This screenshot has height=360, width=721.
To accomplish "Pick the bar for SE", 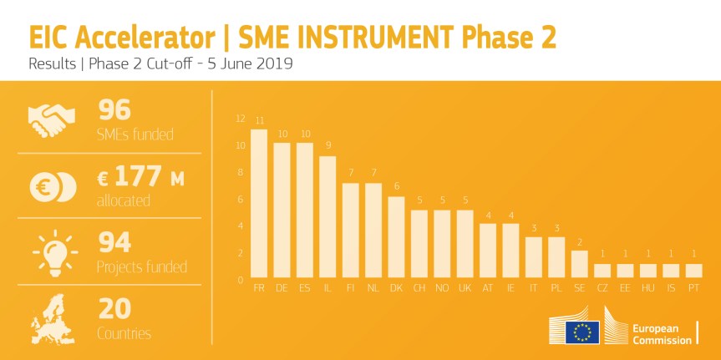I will click(579, 263).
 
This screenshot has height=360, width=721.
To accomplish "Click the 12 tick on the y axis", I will click(241, 119).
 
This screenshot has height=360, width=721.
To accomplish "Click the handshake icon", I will click(52, 119).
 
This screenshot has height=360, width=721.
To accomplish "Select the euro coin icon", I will click(52, 186).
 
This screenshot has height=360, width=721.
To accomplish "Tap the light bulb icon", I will click(52, 251).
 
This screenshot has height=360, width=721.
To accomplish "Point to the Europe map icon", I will click(52, 318).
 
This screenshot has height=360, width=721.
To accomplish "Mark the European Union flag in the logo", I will click(581, 332).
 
